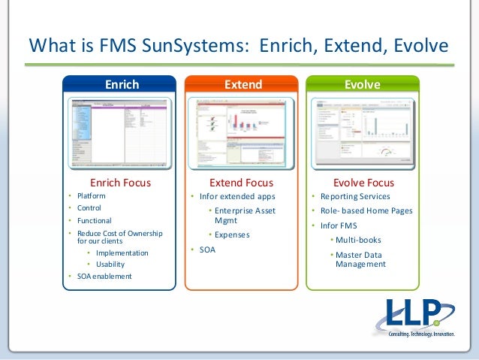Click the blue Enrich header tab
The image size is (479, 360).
(x=121, y=85)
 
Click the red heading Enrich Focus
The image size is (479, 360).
(x=121, y=183)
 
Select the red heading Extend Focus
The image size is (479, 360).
(x=241, y=183)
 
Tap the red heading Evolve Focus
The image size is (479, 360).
(x=363, y=183)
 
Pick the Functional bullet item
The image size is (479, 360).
(x=95, y=221)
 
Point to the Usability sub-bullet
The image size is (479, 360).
(x=110, y=264)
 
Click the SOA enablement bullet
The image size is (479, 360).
(x=104, y=276)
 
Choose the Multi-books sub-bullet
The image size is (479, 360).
(x=358, y=240)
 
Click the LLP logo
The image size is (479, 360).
(x=414, y=319)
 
